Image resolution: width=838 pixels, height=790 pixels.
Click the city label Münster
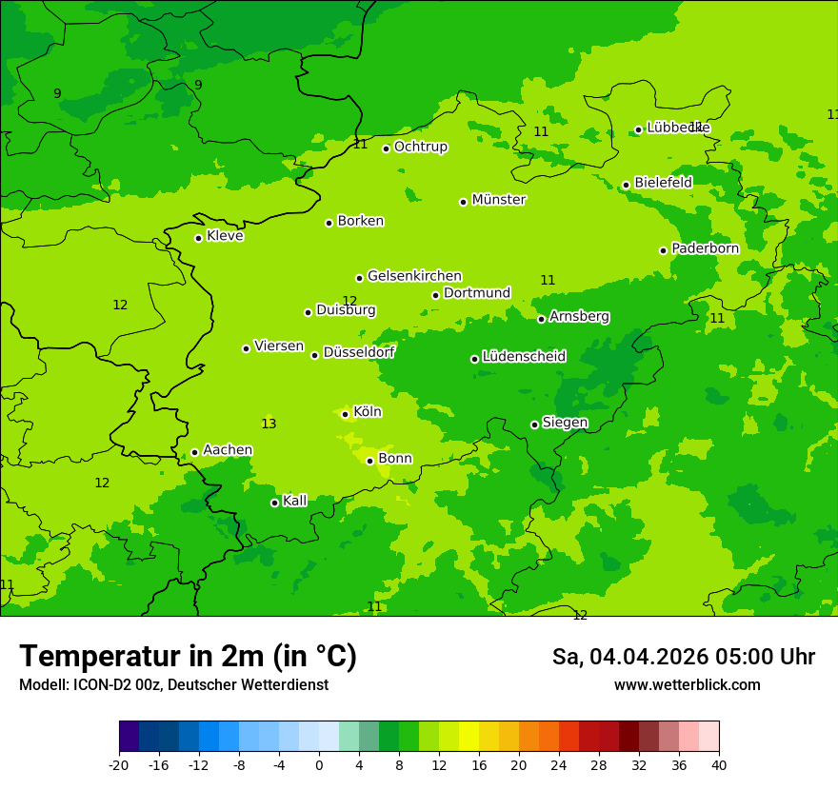pyautogui.click(x=498, y=200)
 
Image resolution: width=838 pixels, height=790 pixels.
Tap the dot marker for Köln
pyautogui.click(x=345, y=414)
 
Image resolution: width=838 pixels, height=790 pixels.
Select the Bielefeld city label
pyautogui.click(x=663, y=182)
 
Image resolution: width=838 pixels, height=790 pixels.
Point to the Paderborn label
pyautogui.click(x=705, y=248)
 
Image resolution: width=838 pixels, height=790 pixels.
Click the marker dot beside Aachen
pyautogui.click(x=194, y=452)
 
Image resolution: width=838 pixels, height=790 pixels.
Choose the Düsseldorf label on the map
pyautogui.click(x=358, y=352)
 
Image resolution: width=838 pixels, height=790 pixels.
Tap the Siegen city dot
pyautogui.click(x=534, y=425)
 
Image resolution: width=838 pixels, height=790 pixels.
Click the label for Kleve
pyautogui.click(x=225, y=236)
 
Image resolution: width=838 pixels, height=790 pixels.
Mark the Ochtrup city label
pyautogui.click(x=420, y=147)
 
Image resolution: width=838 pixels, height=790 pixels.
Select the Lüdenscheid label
pyautogui.click(x=524, y=357)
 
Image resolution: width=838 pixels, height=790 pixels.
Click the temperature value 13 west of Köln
pyautogui.click(x=269, y=424)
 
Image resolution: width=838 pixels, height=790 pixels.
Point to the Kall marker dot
pyautogui.click(x=274, y=503)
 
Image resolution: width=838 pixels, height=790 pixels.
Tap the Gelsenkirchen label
pyautogui.click(x=414, y=276)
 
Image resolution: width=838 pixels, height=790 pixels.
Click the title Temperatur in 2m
pyautogui.click(x=188, y=657)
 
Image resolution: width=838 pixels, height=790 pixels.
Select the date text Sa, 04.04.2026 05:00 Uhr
pyautogui.click(x=683, y=657)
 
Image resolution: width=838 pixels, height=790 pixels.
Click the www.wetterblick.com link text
pyautogui.click(x=687, y=685)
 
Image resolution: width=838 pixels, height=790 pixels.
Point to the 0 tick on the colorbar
pyautogui.click(x=319, y=764)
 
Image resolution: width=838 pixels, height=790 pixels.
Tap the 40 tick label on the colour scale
pyautogui.click(x=718, y=764)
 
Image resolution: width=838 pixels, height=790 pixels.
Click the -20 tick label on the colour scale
pyautogui.click(x=119, y=764)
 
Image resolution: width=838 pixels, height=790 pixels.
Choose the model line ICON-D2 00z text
pyautogui.click(x=173, y=685)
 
